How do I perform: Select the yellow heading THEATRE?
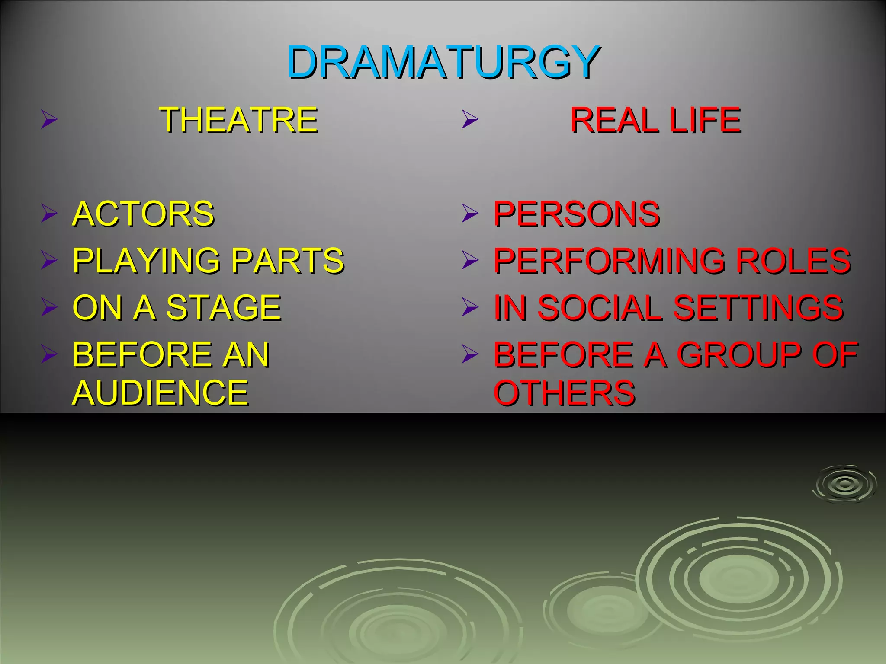click(x=238, y=120)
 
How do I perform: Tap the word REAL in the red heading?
click(x=615, y=120)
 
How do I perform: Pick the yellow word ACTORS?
click(x=143, y=214)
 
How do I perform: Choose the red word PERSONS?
click(x=577, y=214)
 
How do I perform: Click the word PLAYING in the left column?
click(x=147, y=261)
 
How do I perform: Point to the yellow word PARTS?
click(x=288, y=261)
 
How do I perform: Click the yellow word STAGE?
click(x=224, y=307)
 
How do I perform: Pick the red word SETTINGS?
click(x=758, y=307)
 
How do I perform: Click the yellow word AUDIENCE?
click(x=161, y=392)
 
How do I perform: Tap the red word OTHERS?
click(x=564, y=392)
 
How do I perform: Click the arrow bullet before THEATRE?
click(x=49, y=119)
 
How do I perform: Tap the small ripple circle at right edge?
click(x=844, y=484)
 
